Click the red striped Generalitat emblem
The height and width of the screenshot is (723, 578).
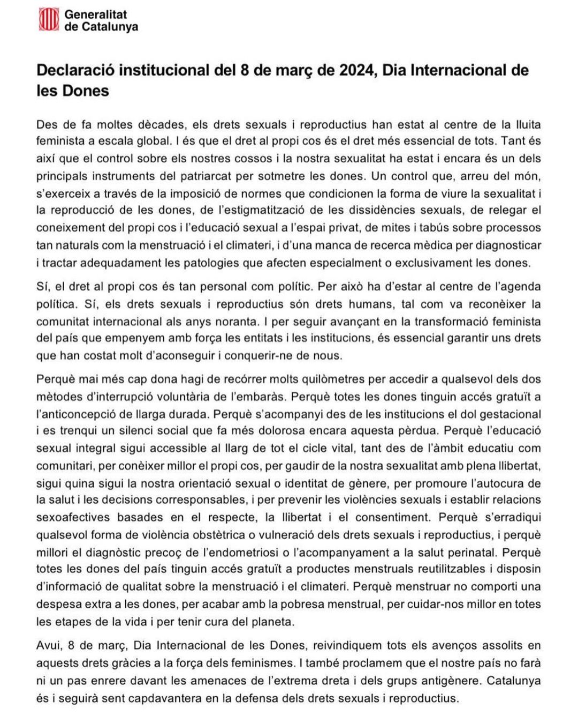pos(50,20)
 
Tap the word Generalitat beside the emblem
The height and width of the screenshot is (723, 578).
pos(96,15)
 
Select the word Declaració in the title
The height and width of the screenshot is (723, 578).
pos(74,70)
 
